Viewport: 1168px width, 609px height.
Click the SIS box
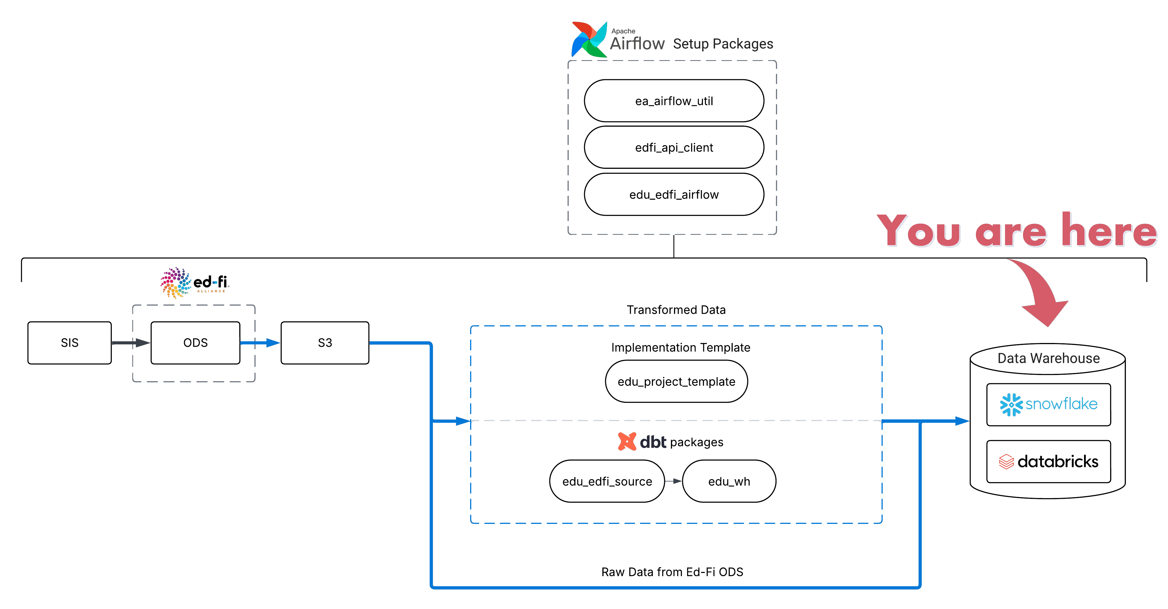click(69, 343)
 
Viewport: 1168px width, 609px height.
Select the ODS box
click(195, 343)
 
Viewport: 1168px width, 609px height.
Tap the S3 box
click(325, 343)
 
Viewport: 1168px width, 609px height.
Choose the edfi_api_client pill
click(674, 147)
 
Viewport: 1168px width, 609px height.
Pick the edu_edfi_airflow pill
click(674, 195)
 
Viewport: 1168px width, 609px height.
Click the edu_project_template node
click(676, 381)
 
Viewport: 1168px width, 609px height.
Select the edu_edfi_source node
click(607, 481)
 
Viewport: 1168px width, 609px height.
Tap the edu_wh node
click(729, 481)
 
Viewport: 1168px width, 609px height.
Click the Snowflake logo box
click(1048, 404)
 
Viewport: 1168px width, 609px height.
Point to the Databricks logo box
click(1048, 462)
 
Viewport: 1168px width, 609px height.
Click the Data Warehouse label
click(1048, 358)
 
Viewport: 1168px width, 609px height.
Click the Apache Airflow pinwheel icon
click(589, 39)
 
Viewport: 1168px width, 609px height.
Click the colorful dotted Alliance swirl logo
click(176, 283)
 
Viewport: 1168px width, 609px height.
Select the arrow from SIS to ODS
click(131, 343)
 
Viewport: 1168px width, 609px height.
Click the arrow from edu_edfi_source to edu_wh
click(673, 481)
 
